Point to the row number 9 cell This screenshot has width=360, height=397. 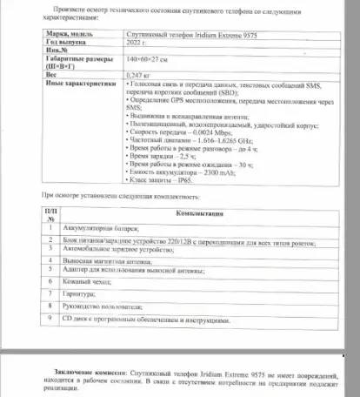pyautogui.click(x=50, y=320)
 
